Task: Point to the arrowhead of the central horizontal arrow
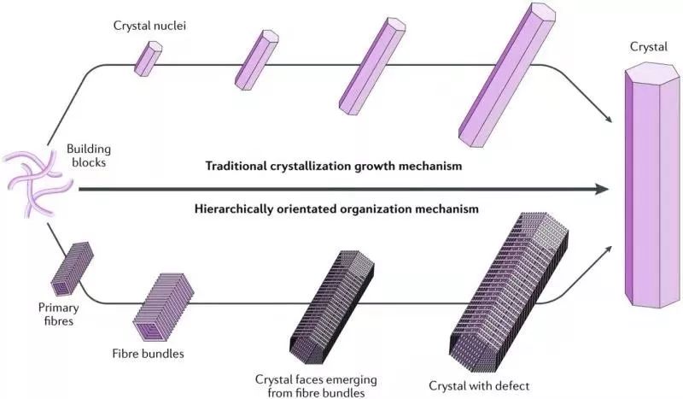[x=608, y=188]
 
